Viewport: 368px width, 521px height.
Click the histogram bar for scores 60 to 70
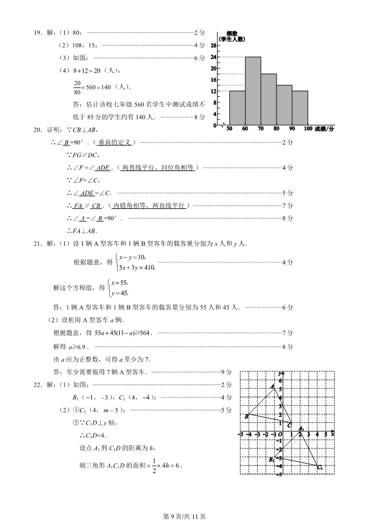(x=253, y=91)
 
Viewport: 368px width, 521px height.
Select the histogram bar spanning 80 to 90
(x=284, y=105)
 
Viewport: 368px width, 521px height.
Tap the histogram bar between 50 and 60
(x=237, y=108)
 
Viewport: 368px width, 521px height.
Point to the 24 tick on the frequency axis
(x=214, y=57)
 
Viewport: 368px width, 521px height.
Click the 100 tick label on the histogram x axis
(x=308, y=129)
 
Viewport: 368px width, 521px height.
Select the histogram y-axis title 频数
(x=232, y=33)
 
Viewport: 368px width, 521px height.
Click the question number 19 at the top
(x=38, y=33)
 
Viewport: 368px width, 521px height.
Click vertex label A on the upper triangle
(x=272, y=386)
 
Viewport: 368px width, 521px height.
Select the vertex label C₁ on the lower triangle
(x=320, y=468)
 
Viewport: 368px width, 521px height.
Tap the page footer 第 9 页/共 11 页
(x=184, y=516)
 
